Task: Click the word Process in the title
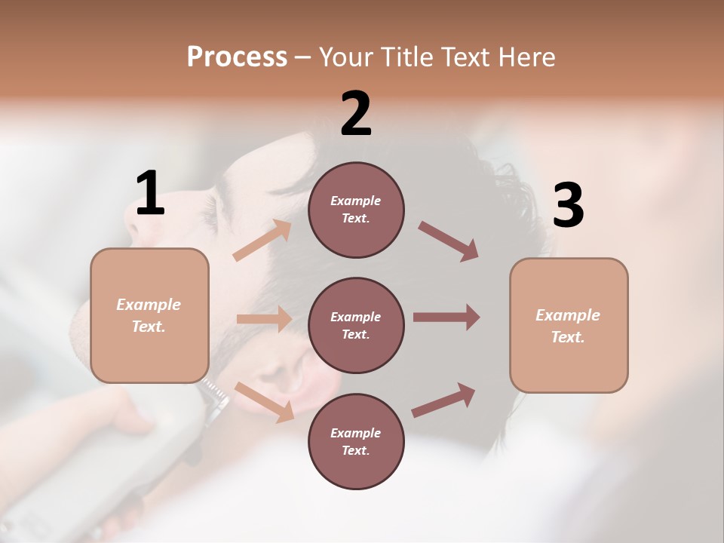click(x=237, y=57)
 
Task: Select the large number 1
click(x=150, y=193)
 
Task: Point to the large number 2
click(x=356, y=114)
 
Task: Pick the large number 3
click(x=568, y=206)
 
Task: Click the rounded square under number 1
click(x=149, y=315)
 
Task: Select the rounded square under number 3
click(x=569, y=325)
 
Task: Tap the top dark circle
click(x=356, y=210)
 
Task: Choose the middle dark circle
click(x=356, y=325)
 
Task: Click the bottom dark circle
click(x=356, y=441)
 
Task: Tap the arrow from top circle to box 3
click(x=449, y=241)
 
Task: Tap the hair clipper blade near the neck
click(x=215, y=396)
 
